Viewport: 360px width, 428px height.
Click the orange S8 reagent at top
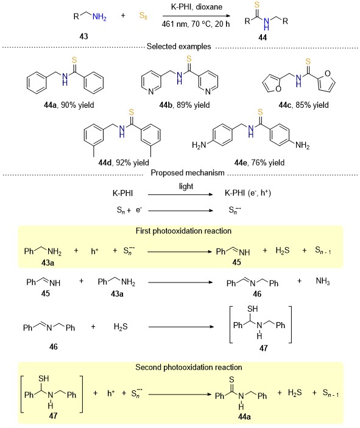point(143,15)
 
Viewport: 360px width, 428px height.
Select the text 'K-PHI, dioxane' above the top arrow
point(197,7)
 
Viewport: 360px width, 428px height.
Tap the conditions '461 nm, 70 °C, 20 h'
point(196,24)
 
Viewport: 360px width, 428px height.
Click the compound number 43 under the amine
point(83,36)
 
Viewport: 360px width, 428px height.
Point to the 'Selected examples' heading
point(179,46)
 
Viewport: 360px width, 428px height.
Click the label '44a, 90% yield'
point(69,105)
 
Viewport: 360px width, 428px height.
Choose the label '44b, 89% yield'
point(185,105)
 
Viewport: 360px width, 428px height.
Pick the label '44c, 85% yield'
point(304,105)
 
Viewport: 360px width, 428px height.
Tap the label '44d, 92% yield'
point(124,163)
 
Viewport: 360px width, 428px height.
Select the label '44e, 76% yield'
point(259,163)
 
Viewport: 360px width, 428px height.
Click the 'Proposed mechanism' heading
point(188,173)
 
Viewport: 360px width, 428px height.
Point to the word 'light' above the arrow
point(186,186)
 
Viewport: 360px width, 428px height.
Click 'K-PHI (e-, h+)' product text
point(248,193)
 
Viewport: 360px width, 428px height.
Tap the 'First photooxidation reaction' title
point(183,231)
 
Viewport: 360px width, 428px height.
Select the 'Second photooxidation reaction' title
point(189,367)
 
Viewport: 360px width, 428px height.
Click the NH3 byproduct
point(323,281)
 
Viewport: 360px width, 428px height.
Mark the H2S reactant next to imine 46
point(121,327)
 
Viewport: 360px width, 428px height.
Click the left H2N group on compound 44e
point(199,145)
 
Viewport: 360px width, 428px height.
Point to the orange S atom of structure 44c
point(308,61)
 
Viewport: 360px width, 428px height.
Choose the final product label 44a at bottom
point(244,416)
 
